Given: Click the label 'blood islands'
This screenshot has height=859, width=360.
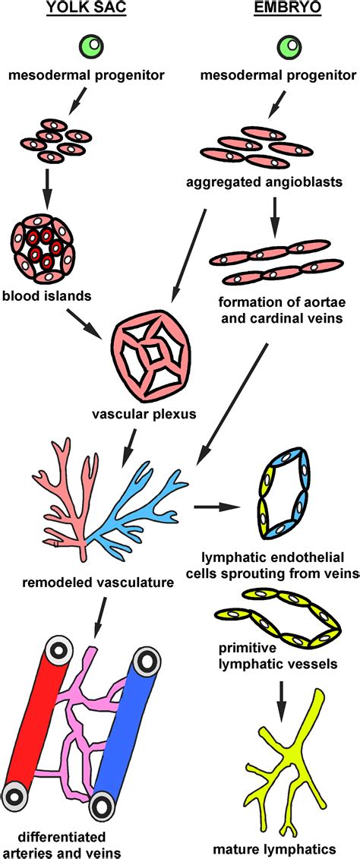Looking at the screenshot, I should (42, 294).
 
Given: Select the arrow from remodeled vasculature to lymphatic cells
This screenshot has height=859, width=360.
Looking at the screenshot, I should (216, 505).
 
